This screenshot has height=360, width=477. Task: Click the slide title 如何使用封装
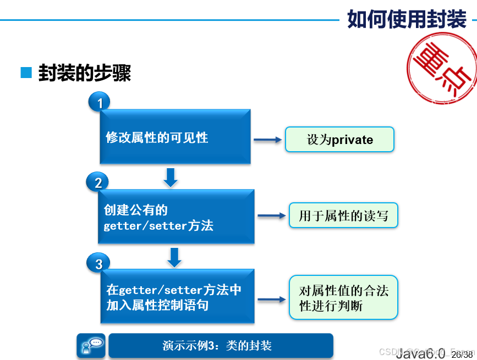(x=407, y=20)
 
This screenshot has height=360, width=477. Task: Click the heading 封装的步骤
(x=84, y=74)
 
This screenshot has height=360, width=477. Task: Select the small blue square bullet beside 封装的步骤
(x=26, y=73)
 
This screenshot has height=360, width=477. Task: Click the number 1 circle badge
(x=99, y=103)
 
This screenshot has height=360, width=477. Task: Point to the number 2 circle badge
(x=97, y=183)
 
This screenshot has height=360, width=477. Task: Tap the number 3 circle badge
(x=98, y=264)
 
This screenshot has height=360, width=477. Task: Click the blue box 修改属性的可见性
(x=175, y=137)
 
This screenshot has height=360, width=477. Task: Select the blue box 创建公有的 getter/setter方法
(x=176, y=217)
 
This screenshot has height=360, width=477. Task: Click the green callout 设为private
(x=339, y=140)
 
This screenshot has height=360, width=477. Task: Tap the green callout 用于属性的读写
(x=343, y=216)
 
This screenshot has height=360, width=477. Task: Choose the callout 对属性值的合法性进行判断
(x=343, y=297)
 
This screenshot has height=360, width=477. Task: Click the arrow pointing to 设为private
(x=267, y=140)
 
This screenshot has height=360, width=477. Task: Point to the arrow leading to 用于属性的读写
(x=272, y=216)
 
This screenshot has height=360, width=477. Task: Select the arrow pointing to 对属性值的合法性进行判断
(x=272, y=300)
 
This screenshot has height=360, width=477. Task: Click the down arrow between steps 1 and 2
(x=171, y=177)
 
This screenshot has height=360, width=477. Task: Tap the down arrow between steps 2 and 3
(x=174, y=257)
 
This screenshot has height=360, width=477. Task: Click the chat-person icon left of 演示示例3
(x=91, y=346)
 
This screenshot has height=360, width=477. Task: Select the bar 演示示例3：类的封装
(x=221, y=346)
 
